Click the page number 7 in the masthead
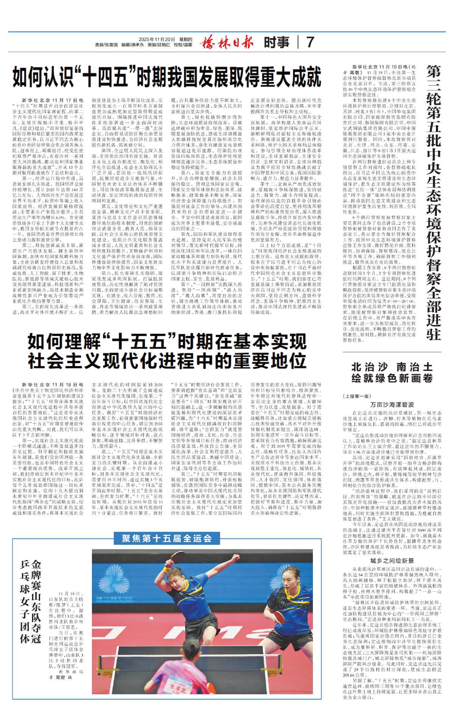[x=310, y=42]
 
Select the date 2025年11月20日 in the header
[x=157, y=39]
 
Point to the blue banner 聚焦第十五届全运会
[x=167, y=538]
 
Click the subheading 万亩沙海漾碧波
[x=392, y=404]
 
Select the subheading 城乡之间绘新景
[x=392, y=561]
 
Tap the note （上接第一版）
[x=357, y=396]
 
